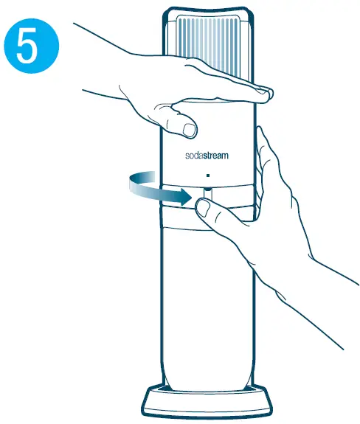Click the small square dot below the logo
[209, 175]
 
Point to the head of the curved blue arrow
[187, 197]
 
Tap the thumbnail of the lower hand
[201, 208]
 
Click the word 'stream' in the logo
[219, 156]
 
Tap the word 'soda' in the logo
[194, 156]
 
